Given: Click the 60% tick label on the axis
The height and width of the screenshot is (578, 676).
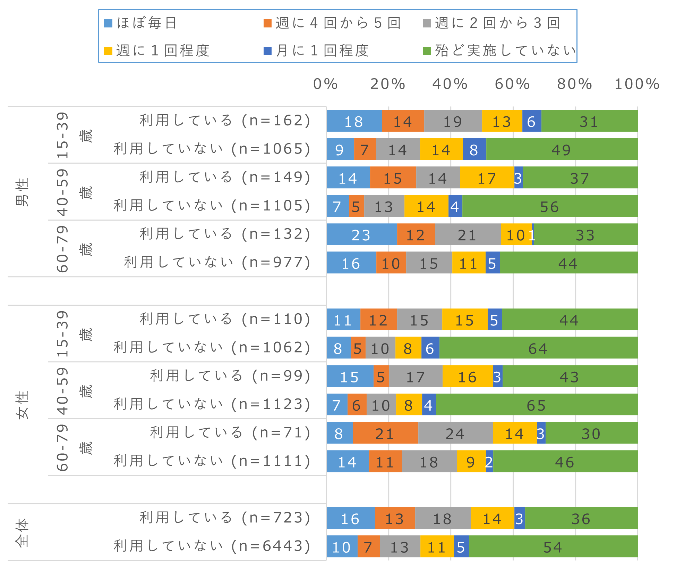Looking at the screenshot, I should point(512,84).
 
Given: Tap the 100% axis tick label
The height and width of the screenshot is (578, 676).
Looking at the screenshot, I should point(637,84).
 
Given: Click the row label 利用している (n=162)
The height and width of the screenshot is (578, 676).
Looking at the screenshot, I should point(225,121).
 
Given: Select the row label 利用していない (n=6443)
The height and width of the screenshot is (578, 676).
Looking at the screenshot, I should point(212,546).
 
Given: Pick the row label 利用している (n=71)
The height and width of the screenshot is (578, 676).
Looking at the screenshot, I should point(230,433).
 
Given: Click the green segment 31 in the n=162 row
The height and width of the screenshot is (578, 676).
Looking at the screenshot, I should point(589,121).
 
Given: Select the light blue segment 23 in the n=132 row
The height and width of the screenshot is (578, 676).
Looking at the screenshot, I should point(361,234).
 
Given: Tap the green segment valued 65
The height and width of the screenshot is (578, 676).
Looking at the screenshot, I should point(537,405).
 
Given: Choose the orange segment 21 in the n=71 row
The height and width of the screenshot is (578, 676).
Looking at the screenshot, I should point(385,433).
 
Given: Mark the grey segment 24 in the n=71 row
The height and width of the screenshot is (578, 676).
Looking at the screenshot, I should point(455,433).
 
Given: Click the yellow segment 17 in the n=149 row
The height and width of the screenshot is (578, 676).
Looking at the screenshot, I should point(487,178).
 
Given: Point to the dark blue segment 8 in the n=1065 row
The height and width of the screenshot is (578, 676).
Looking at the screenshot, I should point(474,149).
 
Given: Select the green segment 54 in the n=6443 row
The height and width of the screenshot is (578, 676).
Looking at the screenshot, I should point(553,547).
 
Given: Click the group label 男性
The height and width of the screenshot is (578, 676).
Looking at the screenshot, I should point(22,192).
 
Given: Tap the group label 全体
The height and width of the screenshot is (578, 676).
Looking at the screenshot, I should point(22,532).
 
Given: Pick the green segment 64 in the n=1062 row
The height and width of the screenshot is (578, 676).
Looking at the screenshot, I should point(538,348).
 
